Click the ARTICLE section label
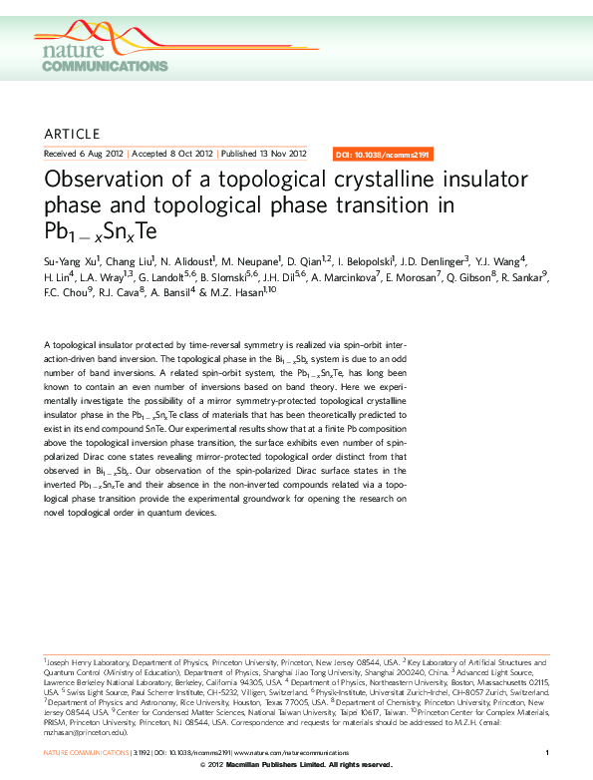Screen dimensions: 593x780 point(73,134)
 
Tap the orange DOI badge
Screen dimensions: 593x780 point(383,155)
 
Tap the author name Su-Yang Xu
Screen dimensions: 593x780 point(71,260)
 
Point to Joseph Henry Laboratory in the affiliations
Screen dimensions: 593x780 point(94,661)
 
